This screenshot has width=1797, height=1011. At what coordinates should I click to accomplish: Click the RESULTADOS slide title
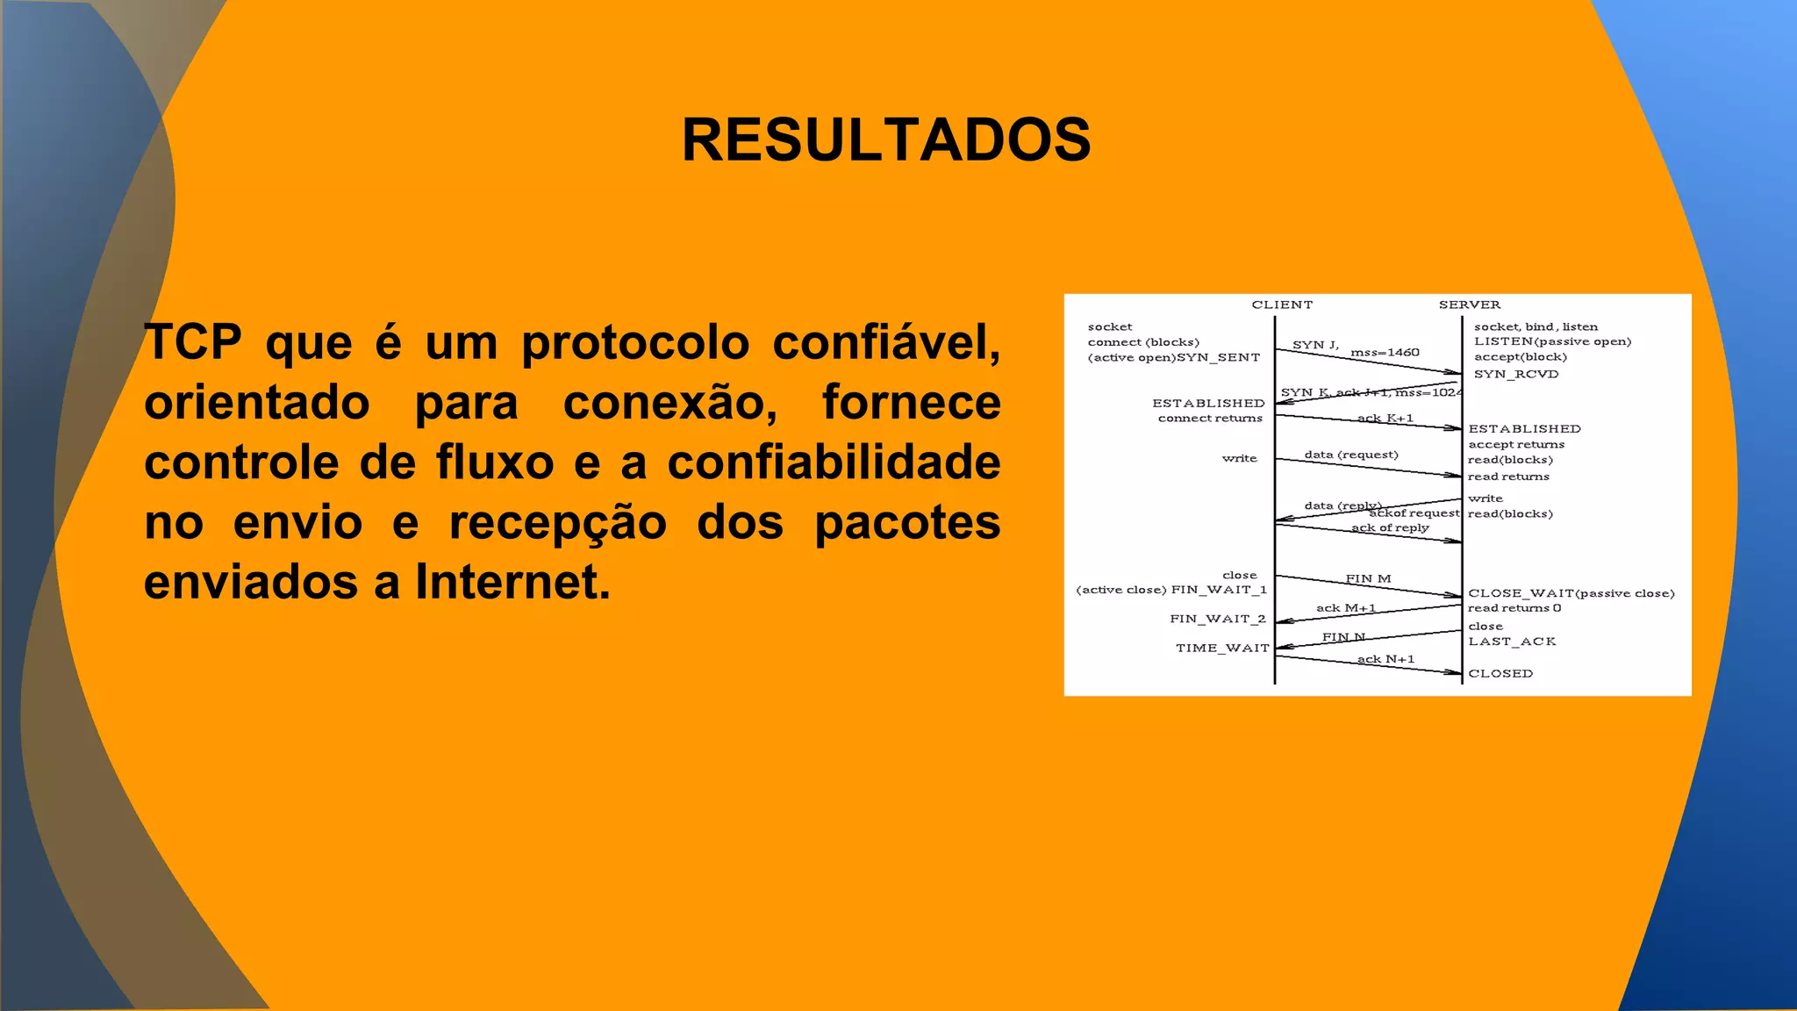(886, 140)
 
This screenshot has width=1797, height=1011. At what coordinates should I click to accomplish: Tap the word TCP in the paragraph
(193, 342)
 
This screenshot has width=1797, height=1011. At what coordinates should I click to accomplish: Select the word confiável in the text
(886, 342)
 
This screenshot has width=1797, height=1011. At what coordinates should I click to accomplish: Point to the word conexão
(670, 404)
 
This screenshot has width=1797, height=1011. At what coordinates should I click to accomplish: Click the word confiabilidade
(834, 462)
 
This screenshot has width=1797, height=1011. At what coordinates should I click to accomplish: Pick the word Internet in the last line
(512, 582)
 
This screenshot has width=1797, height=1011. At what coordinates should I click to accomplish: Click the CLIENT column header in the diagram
(1282, 305)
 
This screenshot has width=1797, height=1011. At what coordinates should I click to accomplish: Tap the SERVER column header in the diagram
(1470, 305)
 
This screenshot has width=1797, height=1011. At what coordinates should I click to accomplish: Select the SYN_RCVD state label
(1516, 375)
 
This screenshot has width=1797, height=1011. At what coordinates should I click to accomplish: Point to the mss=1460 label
(1385, 353)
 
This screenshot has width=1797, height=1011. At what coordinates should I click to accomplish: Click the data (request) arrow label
(1351, 455)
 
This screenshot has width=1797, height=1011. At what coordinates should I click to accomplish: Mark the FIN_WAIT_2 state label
(1218, 620)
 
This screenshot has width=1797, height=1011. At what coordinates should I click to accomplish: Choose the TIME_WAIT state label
(1222, 649)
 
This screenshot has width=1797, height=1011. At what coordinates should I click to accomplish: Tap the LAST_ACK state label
(1512, 642)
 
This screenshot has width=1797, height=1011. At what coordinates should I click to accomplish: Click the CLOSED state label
(1500, 674)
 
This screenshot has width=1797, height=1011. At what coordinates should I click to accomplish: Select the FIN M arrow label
(1368, 579)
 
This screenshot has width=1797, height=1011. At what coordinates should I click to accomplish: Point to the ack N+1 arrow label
(1385, 659)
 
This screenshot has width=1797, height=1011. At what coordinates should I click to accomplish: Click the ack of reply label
(1390, 528)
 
